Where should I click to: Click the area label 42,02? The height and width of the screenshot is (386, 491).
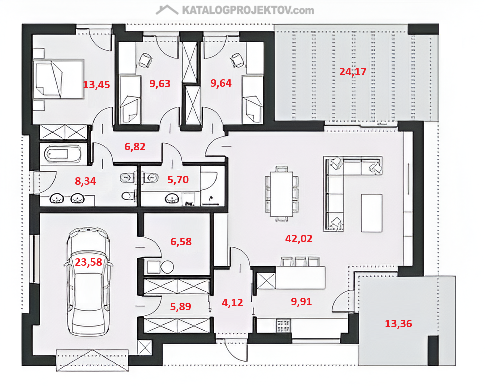[x=299, y=239]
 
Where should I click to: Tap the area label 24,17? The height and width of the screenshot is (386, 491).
[x=353, y=72]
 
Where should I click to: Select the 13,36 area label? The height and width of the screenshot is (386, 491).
[x=398, y=323]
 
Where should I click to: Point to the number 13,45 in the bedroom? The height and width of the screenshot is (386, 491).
[x=97, y=85]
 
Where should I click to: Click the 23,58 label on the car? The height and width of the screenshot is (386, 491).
[x=88, y=262]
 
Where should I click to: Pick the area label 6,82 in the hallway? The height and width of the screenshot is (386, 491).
[x=135, y=147]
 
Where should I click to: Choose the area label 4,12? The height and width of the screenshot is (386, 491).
[x=232, y=302]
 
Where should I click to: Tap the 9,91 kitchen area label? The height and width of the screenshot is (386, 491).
[x=301, y=302]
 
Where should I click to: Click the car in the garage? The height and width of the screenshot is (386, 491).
[x=89, y=282]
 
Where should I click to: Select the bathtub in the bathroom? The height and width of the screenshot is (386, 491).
[x=63, y=154]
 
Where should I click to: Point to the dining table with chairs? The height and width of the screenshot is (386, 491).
[x=282, y=194]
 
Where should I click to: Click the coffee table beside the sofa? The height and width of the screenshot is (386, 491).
[x=372, y=213]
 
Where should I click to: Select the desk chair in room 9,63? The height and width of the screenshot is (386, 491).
[x=145, y=60]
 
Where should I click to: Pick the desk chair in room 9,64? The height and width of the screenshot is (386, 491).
[x=237, y=60]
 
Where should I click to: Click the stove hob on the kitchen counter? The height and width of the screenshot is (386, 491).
[x=283, y=325]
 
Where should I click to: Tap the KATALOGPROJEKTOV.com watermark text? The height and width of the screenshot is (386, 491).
[x=248, y=10]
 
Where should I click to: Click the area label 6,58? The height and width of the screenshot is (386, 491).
[x=181, y=241]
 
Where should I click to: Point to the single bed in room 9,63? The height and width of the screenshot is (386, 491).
[x=130, y=99]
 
